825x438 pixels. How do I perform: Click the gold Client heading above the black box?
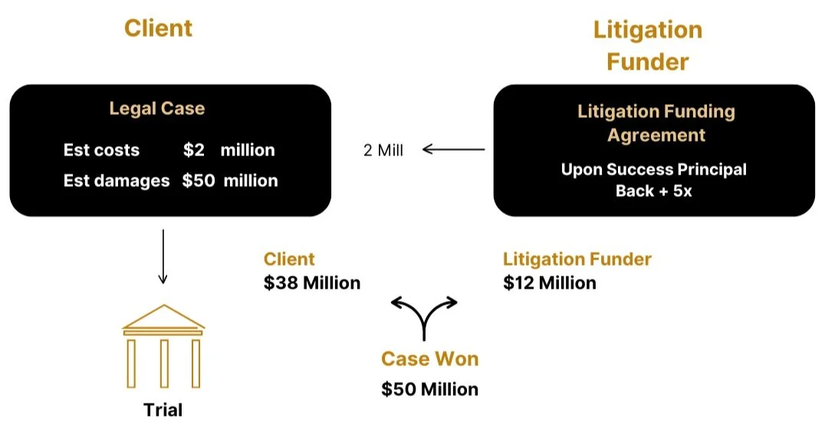click(159, 28)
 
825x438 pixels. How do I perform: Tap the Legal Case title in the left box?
click(156, 109)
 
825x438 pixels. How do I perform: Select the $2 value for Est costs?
click(194, 150)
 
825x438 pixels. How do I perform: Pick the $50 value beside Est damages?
click(199, 181)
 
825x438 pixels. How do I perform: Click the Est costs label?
click(101, 150)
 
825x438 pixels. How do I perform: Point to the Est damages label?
click(117, 181)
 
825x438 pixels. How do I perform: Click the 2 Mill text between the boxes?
click(383, 150)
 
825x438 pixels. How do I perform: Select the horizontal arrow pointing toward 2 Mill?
click(454, 149)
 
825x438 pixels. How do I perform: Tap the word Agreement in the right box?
click(656, 136)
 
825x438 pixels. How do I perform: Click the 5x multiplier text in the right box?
click(682, 191)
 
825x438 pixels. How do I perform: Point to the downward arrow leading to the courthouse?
click(163, 257)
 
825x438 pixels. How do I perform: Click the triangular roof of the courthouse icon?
click(163, 317)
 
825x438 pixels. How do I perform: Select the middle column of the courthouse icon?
click(164, 364)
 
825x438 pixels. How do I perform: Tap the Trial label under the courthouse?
click(163, 410)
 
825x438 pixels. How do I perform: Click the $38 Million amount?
click(312, 283)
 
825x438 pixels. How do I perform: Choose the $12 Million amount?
click(550, 283)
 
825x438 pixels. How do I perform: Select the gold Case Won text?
click(430, 359)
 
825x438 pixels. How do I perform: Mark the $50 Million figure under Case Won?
click(430, 389)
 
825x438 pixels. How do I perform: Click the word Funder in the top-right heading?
click(648, 62)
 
